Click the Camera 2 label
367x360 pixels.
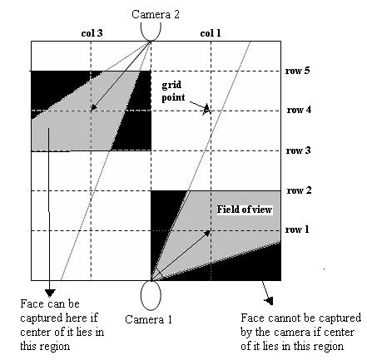pos(156,14)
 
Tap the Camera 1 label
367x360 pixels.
pos(148,319)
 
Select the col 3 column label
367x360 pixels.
pos(92,33)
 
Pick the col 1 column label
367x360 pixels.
pos(211,33)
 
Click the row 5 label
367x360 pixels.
pos(297,71)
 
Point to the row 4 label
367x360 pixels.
pos(299,110)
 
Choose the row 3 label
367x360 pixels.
pos(298,150)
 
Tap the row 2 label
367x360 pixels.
pos(299,190)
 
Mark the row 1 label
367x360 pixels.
pos(297,229)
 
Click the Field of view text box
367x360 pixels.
pos(245,210)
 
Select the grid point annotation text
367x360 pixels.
pos(173,91)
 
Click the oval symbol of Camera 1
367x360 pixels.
pos(151,295)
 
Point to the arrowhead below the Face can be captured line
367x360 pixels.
pos(50,293)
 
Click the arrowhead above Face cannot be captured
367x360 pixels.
pos(270,301)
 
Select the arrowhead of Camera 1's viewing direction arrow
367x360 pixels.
pos(206,233)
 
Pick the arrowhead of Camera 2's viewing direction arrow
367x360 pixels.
pos(94,107)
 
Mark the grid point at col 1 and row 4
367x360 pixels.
pos(211,111)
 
